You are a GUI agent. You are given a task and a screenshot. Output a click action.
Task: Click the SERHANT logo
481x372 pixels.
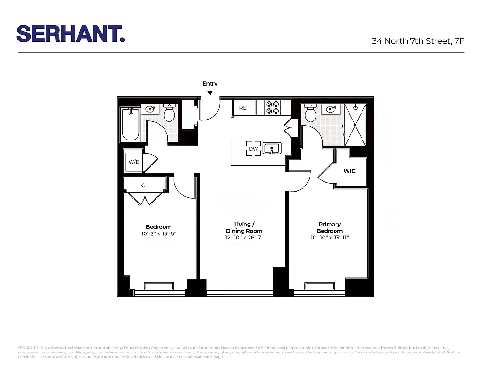tap(70, 33)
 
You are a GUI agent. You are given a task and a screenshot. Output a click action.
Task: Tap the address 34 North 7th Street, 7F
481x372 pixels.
tap(418, 41)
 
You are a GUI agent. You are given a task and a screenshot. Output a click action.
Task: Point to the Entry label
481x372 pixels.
tap(210, 84)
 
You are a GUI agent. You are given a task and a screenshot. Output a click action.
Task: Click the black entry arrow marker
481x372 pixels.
tap(210, 93)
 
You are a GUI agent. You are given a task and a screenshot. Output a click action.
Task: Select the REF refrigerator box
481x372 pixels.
tap(244, 108)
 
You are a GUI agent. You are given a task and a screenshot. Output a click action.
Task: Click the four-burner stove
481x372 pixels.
tap(272, 108)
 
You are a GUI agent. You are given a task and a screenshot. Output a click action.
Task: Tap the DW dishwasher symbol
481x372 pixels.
tap(253, 149)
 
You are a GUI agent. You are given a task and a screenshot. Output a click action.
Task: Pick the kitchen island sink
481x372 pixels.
tap(271, 149)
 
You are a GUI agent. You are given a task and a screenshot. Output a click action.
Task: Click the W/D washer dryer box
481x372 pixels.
tap(134, 162)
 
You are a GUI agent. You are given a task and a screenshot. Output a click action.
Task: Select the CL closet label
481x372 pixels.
tap(145, 185)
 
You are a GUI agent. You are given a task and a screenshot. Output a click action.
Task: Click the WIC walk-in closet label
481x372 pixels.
tap(349, 171)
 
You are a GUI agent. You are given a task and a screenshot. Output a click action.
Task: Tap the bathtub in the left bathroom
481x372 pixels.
tap(131, 124)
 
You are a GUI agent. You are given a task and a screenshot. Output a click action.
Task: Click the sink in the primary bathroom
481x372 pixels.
tap(331, 110)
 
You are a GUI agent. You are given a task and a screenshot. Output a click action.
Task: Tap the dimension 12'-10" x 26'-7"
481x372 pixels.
tap(244, 238)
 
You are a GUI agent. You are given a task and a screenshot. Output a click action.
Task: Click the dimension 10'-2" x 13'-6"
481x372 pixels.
tap(158, 233)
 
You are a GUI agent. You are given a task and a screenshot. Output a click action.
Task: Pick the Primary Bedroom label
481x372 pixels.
tap(329, 227)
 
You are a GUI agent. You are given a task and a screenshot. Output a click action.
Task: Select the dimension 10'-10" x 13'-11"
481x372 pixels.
tap(329, 238)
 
